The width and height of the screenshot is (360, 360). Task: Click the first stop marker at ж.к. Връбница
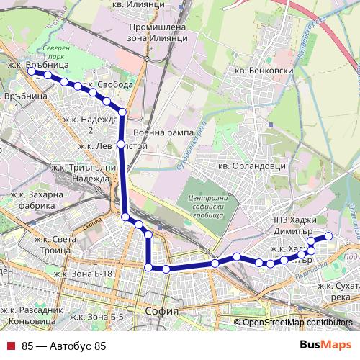[32, 71]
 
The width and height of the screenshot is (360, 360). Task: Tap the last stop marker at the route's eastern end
[329, 236]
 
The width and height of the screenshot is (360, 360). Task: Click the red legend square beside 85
[11, 346]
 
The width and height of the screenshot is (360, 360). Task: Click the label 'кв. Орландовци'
[252, 166]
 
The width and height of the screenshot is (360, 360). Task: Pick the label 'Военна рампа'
[163, 133]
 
